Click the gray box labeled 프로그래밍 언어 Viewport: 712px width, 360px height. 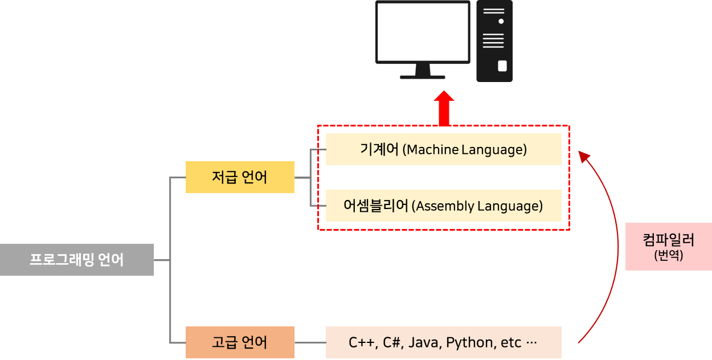pos(76,260)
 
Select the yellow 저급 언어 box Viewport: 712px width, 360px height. pos(240,177)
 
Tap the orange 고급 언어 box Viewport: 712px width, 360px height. pos(240,342)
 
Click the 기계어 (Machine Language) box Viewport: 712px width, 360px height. pos(443,149)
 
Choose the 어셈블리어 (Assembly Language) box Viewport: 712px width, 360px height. pos(443,206)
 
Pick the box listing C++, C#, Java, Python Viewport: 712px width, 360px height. pos(443,342)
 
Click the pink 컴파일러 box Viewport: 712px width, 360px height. pos(668,246)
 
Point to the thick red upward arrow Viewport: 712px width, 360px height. pos(444,109)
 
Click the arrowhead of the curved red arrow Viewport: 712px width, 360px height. pos(584,156)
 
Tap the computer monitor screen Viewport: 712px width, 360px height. pos(423,31)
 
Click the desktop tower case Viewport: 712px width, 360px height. pos(494,41)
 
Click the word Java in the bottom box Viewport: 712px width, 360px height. pos(424,343)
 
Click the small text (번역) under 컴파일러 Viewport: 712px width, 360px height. pos(668,256)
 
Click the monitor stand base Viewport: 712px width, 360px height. pos(423,76)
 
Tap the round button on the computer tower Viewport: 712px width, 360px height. pos(501,21)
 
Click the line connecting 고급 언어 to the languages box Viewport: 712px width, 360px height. pos(310,342)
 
